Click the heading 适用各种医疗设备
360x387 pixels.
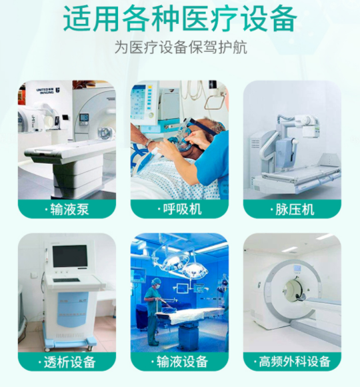pos(180,19)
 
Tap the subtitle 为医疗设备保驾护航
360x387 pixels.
pos(180,49)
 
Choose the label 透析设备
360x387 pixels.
pos(67,362)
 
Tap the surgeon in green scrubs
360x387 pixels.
pos(153,306)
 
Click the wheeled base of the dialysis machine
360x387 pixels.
pos(67,342)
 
